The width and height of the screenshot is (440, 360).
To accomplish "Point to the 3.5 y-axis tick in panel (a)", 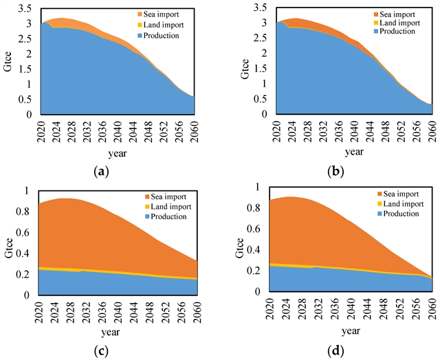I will [x=25, y=8].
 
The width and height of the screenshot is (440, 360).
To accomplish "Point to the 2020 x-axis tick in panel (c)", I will [x=41, y=312].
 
